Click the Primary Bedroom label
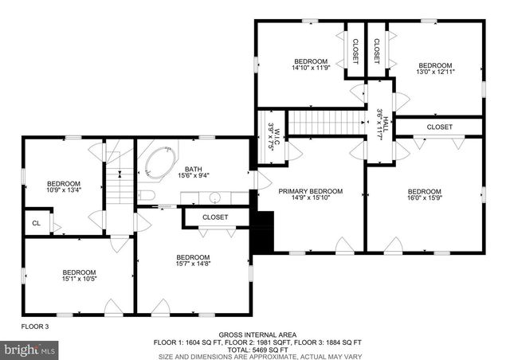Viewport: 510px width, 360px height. (x=310, y=191)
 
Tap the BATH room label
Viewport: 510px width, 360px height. (x=193, y=169)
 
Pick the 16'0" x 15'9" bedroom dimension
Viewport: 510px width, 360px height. (x=424, y=199)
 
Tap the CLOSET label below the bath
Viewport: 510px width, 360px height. (x=214, y=217)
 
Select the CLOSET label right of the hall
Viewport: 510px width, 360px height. (x=439, y=127)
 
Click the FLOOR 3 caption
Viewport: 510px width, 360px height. (x=35, y=327)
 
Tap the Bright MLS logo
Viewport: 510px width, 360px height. (x=30, y=349)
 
